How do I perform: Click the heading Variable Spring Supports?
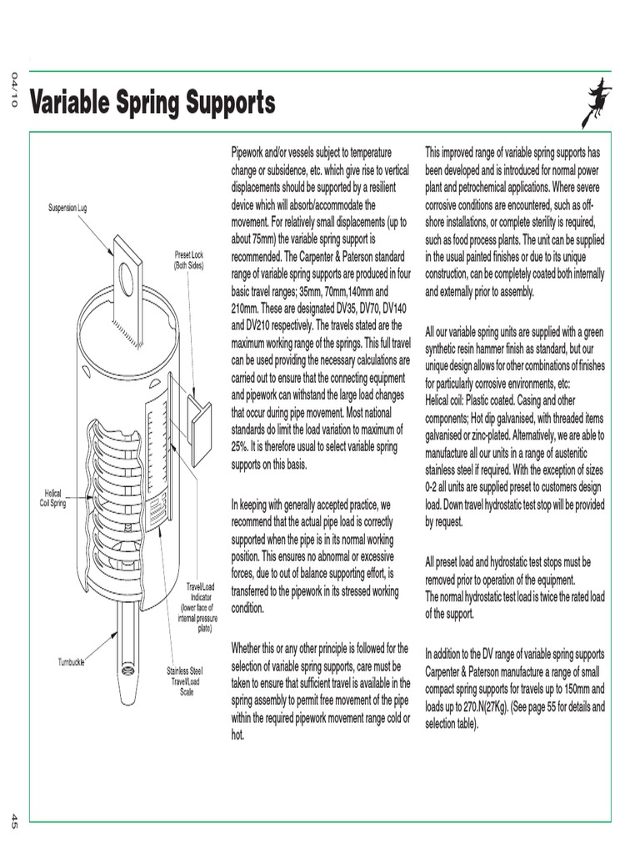(x=152, y=104)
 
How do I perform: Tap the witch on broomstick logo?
(x=599, y=100)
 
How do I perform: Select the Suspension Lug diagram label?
(x=67, y=207)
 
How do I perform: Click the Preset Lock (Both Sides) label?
(x=188, y=259)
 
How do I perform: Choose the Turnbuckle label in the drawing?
(x=73, y=661)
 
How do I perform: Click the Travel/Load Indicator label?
(x=198, y=607)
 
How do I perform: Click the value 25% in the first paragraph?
(x=242, y=447)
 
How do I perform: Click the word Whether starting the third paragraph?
(x=251, y=648)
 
